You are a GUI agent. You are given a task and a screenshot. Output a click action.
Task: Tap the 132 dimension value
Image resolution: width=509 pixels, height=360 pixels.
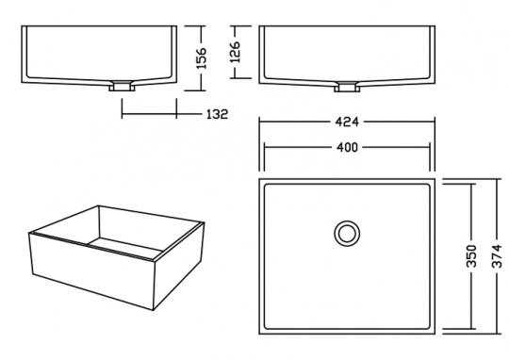click(x=217, y=114)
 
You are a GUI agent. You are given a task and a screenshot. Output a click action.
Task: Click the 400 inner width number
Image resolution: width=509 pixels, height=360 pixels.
click(x=347, y=148)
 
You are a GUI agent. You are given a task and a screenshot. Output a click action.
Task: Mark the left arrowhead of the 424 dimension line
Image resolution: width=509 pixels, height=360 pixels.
click(x=263, y=122)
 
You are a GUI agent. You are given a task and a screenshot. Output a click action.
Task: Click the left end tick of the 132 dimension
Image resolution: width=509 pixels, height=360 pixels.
click(x=123, y=114)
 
